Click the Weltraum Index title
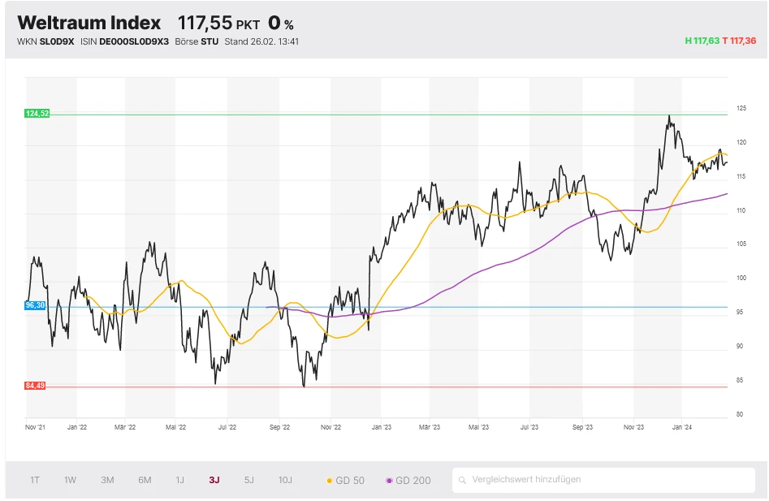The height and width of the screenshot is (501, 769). tap(89, 23)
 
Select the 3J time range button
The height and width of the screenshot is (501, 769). tap(214, 480)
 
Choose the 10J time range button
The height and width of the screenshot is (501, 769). tap(285, 480)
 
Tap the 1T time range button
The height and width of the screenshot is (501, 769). tap(35, 480)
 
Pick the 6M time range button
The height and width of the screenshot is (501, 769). tap(145, 480)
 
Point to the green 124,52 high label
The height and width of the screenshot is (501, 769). tap(37, 114)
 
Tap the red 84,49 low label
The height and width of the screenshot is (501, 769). tap(36, 386)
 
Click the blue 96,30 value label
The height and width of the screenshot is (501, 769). tap(35, 305)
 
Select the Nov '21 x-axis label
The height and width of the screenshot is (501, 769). tap(35, 425)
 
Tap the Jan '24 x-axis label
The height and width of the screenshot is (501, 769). tap(683, 425)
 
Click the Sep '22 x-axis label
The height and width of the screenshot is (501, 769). tap(279, 425)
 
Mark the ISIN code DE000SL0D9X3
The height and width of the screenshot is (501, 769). tap(133, 41)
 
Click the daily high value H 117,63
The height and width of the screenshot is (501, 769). tap(702, 41)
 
